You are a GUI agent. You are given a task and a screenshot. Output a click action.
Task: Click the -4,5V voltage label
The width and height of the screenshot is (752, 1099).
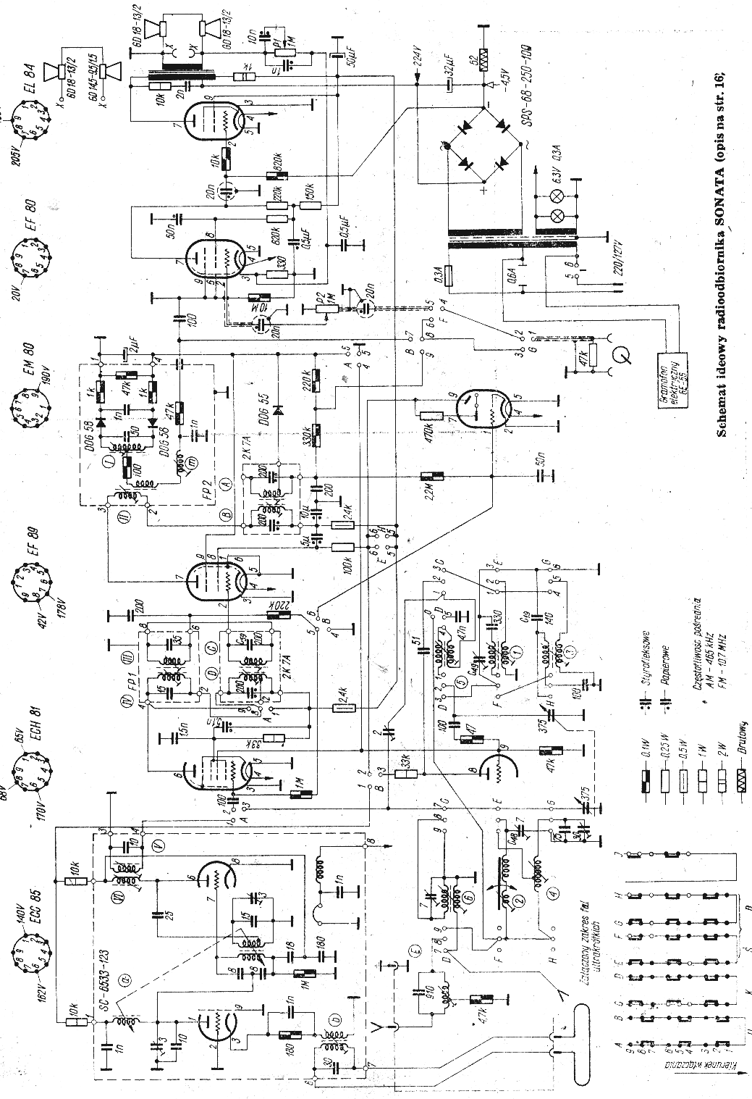click(x=494, y=70)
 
